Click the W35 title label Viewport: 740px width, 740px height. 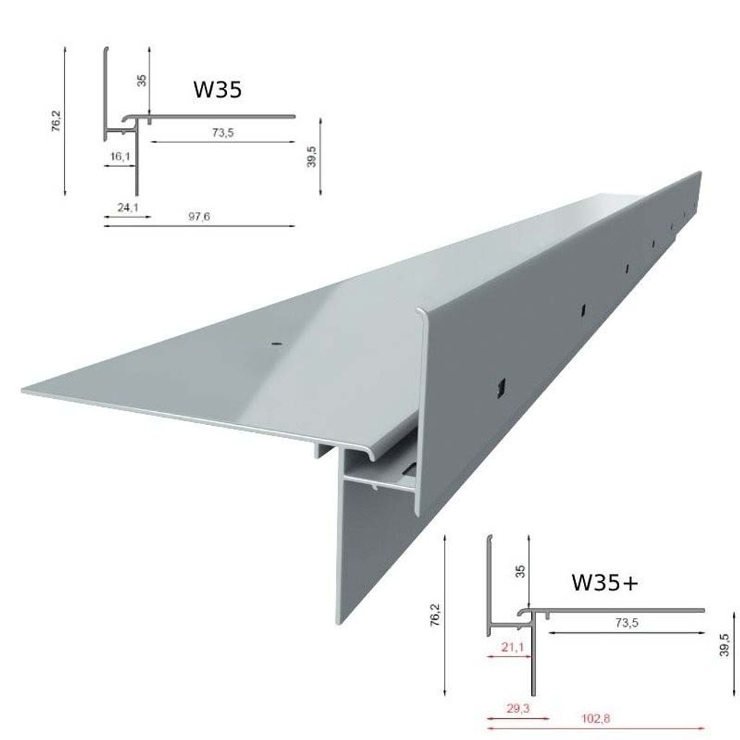(218, 89)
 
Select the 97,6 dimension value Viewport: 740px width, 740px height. (199, 217)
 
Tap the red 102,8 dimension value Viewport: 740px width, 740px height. (595, 719)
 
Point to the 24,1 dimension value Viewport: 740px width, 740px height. (128, 207)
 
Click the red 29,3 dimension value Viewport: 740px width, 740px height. (518, 709)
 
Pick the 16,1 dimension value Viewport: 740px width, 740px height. (121, 156)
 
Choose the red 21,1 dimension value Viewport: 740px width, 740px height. (513, 647)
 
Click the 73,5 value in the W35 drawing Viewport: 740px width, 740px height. (223, 133)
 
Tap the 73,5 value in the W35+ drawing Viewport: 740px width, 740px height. (627, 623)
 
